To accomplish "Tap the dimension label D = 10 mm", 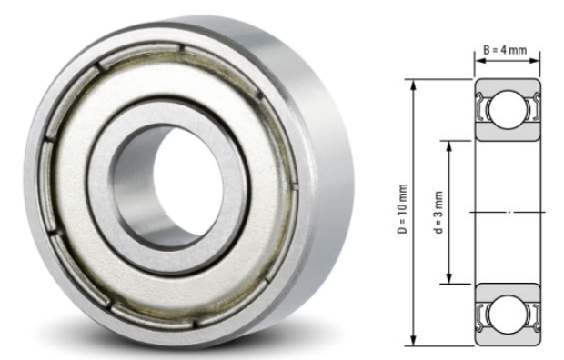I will coord(403,212).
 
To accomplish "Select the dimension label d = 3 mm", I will coord(438,212).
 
